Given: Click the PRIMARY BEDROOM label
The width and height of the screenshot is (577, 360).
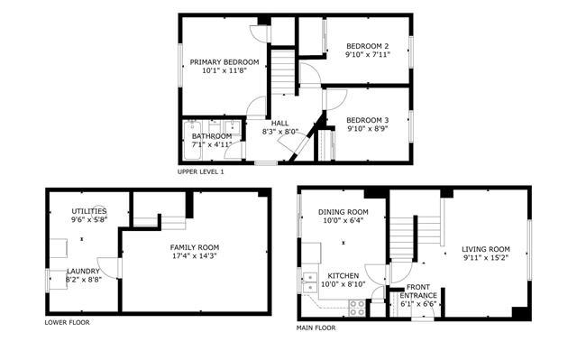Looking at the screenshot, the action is tap(224, 62).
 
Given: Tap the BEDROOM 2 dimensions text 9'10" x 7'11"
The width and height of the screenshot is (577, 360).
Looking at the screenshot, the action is tap(367, 55).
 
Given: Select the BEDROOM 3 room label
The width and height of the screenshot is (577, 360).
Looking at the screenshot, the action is tap(367, 120).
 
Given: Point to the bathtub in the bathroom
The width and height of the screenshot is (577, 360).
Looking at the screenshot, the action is tap(192, 140).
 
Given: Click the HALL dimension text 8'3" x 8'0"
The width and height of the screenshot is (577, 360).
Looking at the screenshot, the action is tap(279, 132).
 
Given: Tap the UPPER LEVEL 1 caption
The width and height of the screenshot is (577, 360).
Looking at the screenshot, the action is tap(200, 171).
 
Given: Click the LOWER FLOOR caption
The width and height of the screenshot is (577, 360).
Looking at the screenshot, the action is tap(67, 322).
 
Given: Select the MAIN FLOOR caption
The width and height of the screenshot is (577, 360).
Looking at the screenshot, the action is tap(316, 328).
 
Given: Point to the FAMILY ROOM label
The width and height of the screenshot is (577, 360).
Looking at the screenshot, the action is tap(195, 248).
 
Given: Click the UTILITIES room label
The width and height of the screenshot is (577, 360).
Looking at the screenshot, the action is tap(89, 211).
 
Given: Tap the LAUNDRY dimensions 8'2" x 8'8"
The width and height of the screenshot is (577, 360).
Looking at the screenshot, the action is tap(84, 280).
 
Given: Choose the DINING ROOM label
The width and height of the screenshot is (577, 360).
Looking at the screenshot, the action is tap(343, 212).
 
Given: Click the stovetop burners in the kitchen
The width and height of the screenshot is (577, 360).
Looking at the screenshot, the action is tap(357, 308).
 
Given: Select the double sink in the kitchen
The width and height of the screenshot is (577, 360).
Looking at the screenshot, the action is tap(310, 282).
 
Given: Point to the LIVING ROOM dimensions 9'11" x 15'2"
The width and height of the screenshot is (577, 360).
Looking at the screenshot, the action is tap(486, 258).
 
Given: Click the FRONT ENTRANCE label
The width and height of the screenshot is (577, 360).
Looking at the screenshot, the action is tap(418, 291).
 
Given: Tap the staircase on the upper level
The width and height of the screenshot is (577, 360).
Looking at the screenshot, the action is tap(282, 73).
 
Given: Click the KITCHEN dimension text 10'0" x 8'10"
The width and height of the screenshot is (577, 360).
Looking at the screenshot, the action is tap(343, 284).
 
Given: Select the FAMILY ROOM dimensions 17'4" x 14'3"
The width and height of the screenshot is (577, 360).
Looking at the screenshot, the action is tap(195, 256).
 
